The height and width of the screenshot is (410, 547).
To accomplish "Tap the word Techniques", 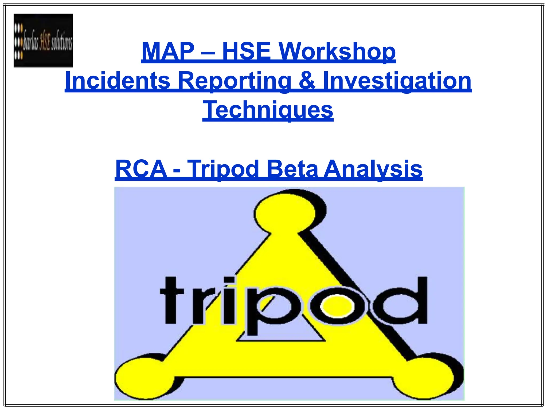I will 268,110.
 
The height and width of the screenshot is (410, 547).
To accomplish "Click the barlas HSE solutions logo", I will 43,40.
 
